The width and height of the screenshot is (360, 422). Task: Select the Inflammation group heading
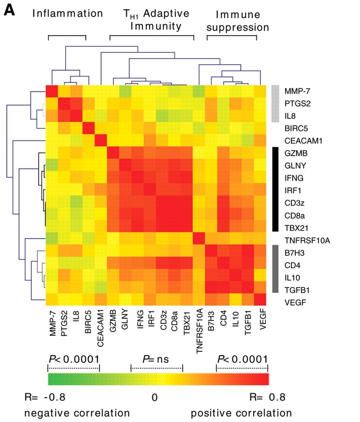point(68,14)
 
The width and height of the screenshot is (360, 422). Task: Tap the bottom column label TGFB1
point(249,321)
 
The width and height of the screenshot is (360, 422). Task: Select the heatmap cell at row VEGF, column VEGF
point(261,301)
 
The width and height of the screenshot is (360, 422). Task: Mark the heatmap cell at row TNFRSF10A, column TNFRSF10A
point(200,239)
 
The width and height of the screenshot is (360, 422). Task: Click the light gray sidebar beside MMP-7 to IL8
point(275,104)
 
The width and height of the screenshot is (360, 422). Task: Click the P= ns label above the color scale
point(157,359)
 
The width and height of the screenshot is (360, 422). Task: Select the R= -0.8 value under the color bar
point(45,398)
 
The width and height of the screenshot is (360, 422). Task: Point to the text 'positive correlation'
point(241,412)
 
